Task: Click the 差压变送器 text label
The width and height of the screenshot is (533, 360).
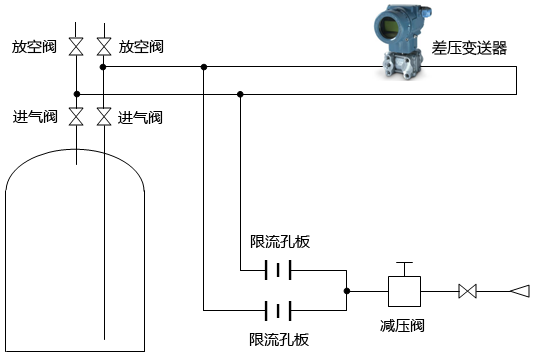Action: pos(470,47)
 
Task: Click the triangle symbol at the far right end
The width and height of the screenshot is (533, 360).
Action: pos(519,292)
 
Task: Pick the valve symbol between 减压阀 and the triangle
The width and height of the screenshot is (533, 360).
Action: pos(466,292)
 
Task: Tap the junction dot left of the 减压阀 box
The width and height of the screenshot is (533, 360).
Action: pos(346,292)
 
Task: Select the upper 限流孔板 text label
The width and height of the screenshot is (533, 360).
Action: pos(279,242)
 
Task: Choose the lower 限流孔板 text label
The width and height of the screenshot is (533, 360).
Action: pos(279,339)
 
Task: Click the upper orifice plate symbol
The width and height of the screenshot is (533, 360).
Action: pos(277,270)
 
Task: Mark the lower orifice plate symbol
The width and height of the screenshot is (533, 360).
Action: pos(277,309)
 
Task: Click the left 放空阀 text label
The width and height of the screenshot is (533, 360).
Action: pos(34,47)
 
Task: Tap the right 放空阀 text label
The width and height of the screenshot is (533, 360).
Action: pos(141,47)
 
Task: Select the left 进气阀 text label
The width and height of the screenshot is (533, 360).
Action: pos(34,117)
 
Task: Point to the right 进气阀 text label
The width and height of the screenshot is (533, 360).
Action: pos(141,117)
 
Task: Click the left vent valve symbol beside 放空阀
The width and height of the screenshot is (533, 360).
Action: pos(77,46)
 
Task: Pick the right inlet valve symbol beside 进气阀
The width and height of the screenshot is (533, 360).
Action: pos(104,117)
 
